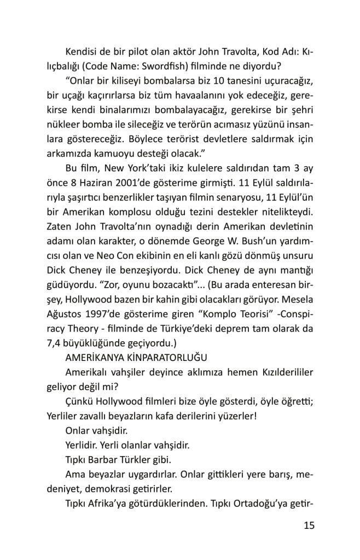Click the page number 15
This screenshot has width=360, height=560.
coord(308,526)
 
